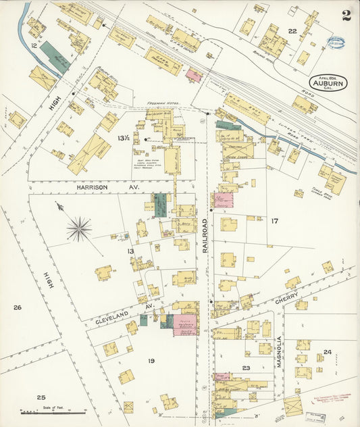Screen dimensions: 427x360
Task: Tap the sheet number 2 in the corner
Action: coord(346,16)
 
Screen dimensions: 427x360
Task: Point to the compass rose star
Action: coord(79,228)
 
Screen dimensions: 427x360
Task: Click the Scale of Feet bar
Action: coord(53,410)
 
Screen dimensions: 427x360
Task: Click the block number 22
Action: coord(292,32)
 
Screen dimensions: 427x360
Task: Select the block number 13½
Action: coord(123,139)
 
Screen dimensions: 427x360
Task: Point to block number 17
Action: coord(274,221)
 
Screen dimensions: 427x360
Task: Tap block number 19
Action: coord(151,361)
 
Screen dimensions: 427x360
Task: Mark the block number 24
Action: coord(327,352)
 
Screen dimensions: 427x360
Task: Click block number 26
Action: coord(17,308)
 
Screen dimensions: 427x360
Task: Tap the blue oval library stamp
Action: coord(336,42)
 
